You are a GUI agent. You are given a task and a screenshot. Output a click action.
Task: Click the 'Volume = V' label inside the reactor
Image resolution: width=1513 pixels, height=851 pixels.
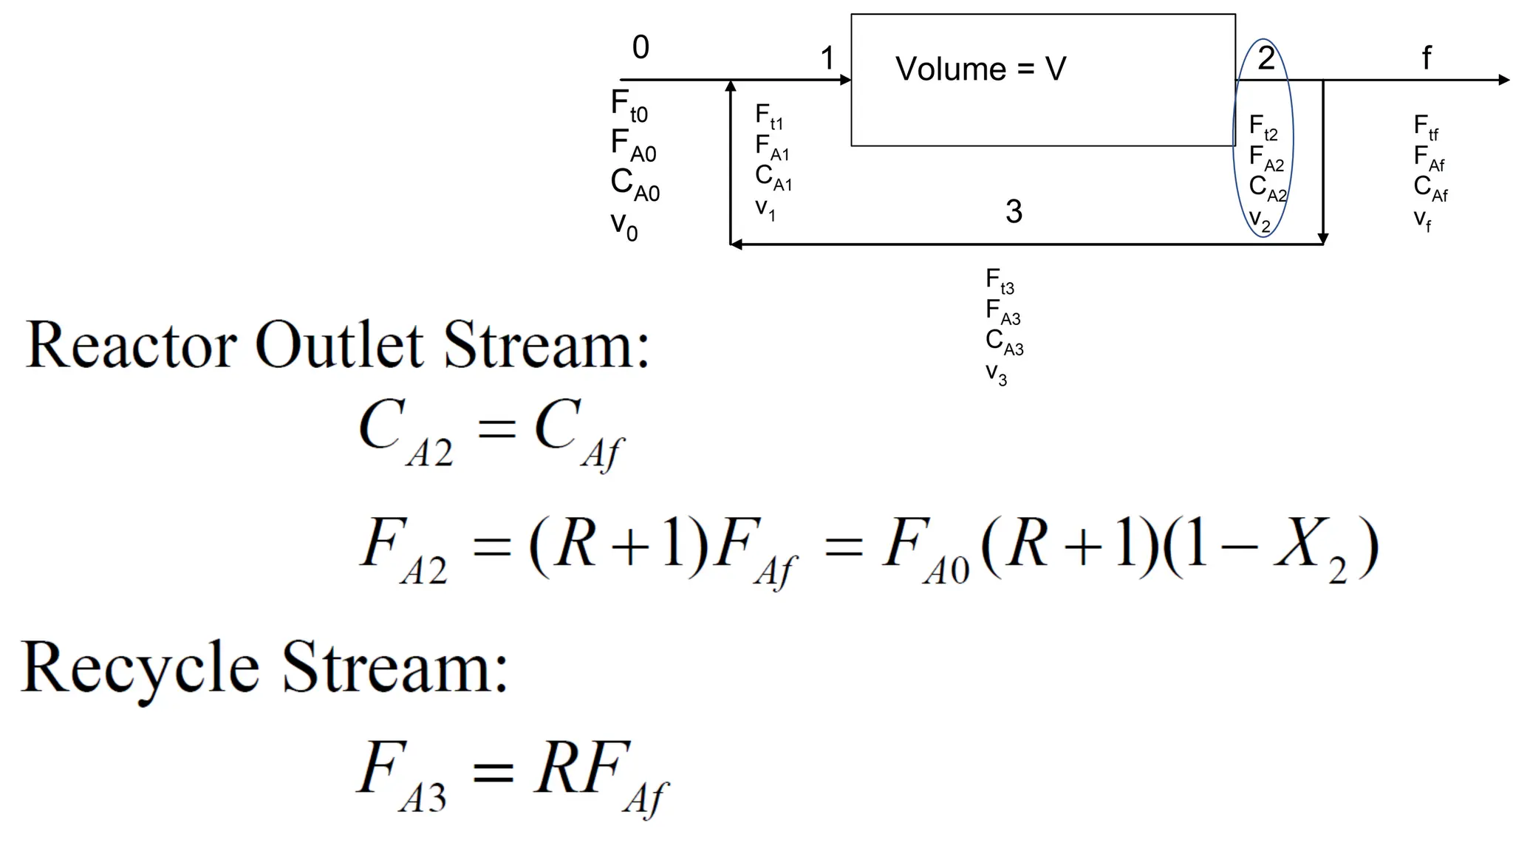(980, 69)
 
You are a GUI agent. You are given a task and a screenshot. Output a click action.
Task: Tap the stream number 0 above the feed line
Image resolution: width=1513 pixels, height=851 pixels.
(641, 48)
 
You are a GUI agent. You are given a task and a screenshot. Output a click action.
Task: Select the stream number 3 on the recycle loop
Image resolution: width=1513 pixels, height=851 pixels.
(1014, 212)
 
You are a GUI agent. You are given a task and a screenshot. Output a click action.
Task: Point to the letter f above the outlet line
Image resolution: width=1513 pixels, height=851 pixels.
(1427, 58)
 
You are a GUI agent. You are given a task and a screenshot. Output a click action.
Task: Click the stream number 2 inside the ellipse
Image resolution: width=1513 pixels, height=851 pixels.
(1266, 58)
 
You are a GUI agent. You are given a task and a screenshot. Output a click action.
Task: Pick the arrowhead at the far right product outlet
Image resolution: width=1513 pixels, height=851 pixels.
(1503, 80)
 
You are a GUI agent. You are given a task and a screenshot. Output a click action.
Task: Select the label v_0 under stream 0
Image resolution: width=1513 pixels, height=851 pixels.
(624, 225)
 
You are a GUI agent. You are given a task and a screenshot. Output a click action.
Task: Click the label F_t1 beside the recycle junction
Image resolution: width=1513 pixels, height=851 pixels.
(769, 117)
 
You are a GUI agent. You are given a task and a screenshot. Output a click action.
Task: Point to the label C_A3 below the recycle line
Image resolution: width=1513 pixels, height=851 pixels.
(1004, 342)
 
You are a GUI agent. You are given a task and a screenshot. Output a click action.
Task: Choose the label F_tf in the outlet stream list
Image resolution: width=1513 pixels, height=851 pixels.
(1426, 127)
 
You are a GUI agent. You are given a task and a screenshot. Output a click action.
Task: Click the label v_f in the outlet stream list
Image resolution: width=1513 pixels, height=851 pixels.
(1422, 219)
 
